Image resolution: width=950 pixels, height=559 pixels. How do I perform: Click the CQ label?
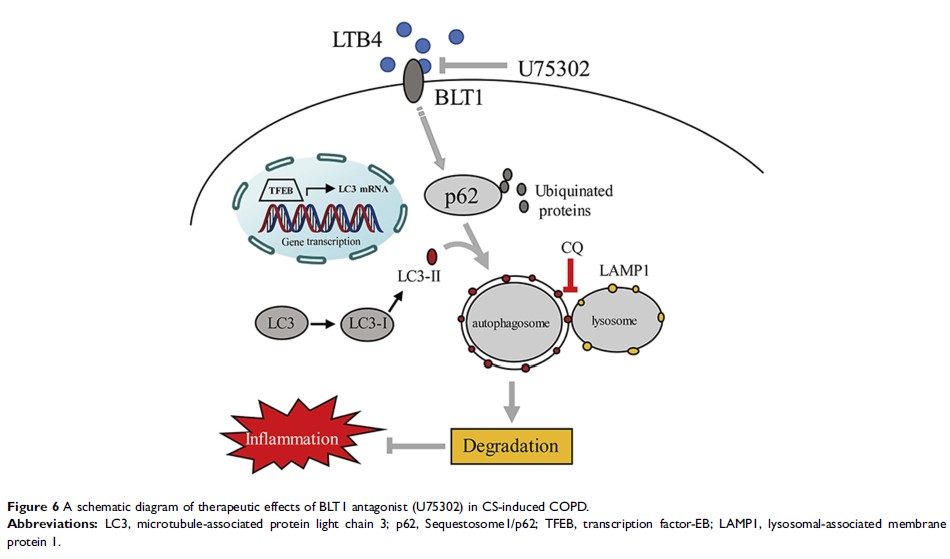[572, 244]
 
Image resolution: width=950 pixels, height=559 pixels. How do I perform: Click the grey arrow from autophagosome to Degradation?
[513, 403]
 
